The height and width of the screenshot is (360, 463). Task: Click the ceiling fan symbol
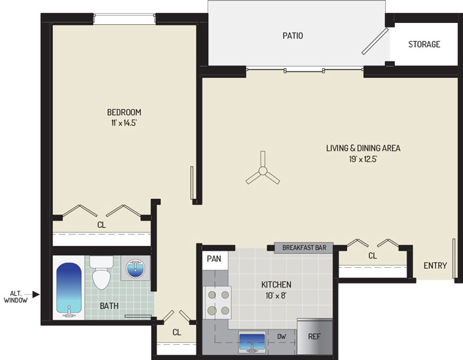[263, 171]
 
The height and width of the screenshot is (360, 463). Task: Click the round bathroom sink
[136, 268]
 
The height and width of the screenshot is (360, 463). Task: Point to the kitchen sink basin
[252, 342]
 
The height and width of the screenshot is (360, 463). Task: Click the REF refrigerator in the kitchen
[315, 336]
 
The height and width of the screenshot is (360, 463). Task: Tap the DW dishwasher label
[282, 336]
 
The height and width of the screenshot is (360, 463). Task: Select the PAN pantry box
[215, 260]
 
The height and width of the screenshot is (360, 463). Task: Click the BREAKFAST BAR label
[304, 247]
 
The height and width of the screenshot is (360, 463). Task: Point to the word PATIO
[293, 36]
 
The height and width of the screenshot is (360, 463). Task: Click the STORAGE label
[424, 45]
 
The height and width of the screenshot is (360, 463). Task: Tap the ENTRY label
[435, 266]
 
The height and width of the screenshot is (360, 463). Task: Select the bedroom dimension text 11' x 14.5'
[124, 123]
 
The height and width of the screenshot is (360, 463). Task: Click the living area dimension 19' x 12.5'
[363, 159]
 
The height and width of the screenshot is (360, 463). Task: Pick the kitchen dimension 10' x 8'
[276, 295]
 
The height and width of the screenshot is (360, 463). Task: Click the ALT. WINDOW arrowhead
[36, 294]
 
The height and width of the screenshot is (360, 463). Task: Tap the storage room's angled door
[375, 41]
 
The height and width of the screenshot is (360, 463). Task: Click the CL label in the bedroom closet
[102, 225]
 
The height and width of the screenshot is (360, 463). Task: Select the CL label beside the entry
[373, 255]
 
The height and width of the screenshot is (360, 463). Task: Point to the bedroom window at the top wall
[124, 19]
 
